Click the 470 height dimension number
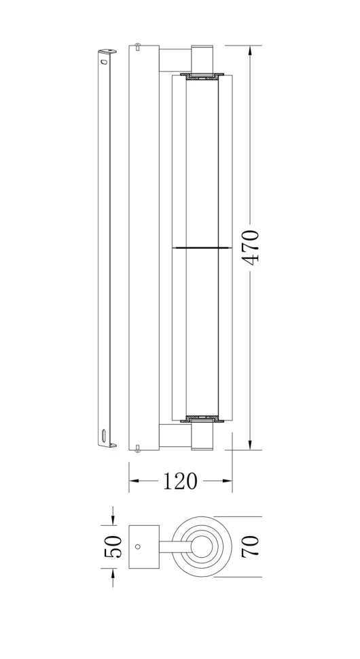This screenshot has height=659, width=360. (251, 247)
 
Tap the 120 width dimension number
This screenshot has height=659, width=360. (180, 481)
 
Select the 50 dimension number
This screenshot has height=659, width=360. (113, 547)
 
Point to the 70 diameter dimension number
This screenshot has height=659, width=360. (250, 546)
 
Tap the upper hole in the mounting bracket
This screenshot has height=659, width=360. (103, 61)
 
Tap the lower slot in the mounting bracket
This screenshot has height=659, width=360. (103, 433)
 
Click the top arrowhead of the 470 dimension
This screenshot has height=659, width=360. (250, 50)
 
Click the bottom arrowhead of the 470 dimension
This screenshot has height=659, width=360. (250, 444)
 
